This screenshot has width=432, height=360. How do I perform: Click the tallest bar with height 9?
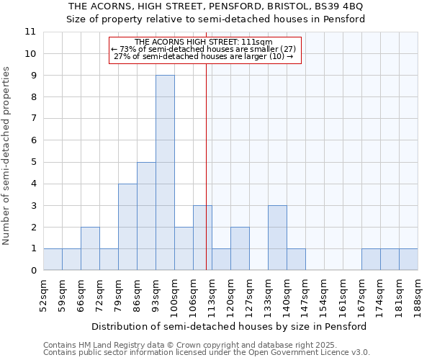[165, 173]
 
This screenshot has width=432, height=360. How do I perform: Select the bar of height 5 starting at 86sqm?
[146, 216]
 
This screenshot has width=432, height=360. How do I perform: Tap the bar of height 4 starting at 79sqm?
[127, 227]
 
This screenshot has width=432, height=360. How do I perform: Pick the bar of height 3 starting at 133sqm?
[277, 238]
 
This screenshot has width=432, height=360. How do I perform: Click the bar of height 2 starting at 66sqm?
[90, 248]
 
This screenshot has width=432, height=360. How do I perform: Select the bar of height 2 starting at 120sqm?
[240, 248]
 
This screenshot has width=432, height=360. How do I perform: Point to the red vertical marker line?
[207, 180]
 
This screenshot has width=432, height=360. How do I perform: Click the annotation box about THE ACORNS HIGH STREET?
[204, 50]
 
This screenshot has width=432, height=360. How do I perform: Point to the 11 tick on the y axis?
[30, 32]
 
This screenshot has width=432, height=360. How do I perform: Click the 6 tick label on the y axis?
[32, 140]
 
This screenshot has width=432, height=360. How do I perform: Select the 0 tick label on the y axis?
[32, 271]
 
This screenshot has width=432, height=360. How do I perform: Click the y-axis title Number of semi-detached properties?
[7, 156]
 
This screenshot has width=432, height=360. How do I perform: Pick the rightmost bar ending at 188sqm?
[408, 259]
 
